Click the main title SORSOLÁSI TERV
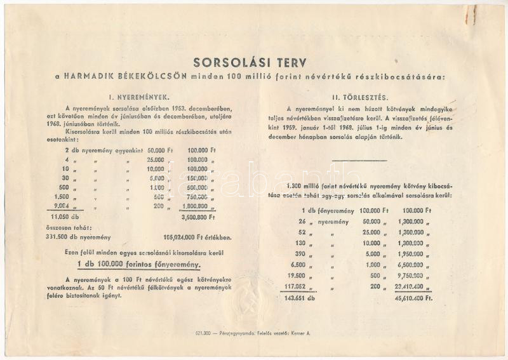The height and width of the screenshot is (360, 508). [x=250, y=62]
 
